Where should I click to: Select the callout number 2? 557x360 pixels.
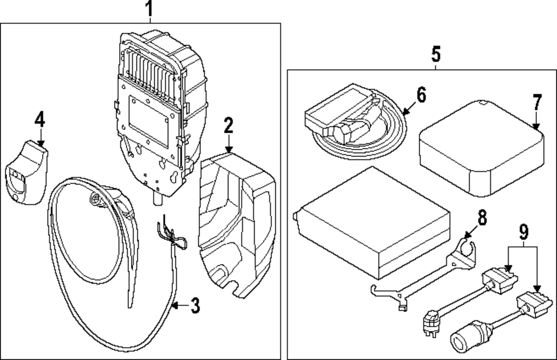[x=228, y=125]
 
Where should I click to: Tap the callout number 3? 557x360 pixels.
[x=195, y=305]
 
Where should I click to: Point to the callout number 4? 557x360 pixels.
[x=40, y=119]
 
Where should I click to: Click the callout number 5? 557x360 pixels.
[x=436, y=54]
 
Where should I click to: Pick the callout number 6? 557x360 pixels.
[x=421, y=95]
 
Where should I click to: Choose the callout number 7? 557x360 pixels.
[x=537, y=103]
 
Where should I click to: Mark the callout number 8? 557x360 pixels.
[x=482, y=217]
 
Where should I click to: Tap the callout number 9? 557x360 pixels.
[x=524, y=232]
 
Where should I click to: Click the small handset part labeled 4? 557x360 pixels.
[x=27, y=173]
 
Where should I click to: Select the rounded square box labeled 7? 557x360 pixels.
[x=482, y=149]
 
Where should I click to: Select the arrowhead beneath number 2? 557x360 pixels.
[x=229, y=149]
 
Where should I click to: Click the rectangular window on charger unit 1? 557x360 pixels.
[x=149, y=120]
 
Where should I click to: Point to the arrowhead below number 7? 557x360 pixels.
[x=536, y=126]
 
